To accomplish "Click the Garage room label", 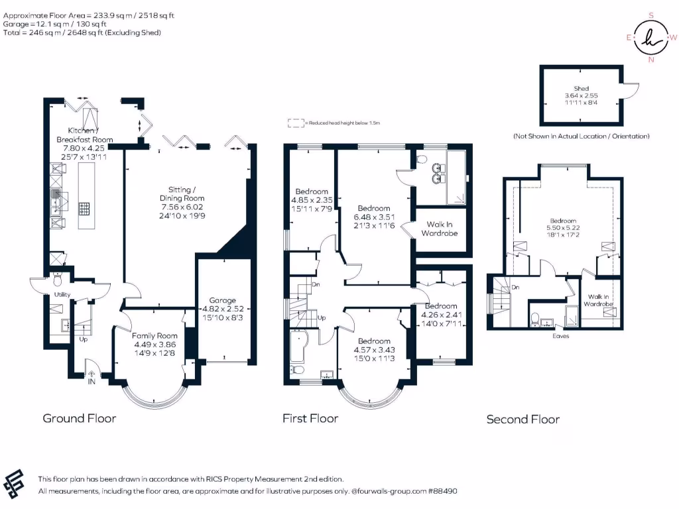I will [x=223, y=300].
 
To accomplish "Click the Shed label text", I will [x=582, y=88].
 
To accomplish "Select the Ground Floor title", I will [x=79, y=418].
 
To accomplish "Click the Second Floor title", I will [x=523, y=419].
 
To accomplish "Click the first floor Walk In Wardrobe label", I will [x=439, y=229].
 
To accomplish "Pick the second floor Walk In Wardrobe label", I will [x=598, y=300].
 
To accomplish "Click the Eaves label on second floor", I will [x=561, y=335].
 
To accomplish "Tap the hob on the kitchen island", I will [x=86, y=209].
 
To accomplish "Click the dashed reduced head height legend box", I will [x=294, y=123].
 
